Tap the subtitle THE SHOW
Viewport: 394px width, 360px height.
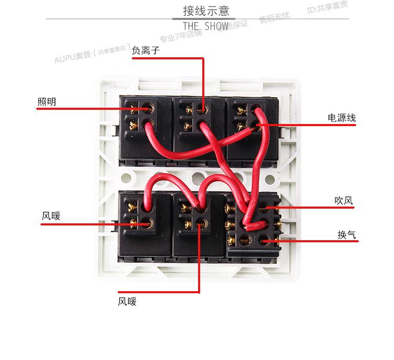[x=205, y=26]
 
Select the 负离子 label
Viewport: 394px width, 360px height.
[x=145, y=50]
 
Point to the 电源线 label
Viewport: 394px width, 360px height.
[x=341, y=118]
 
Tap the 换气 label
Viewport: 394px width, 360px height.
[x=346, y=234]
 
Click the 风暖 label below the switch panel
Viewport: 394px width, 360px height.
[x=127, y=301]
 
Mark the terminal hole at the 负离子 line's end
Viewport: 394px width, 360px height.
[x=202, y=109]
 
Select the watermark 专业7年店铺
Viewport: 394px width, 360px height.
[x=181, y=36]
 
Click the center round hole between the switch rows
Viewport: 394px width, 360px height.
[x=198, y=177]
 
